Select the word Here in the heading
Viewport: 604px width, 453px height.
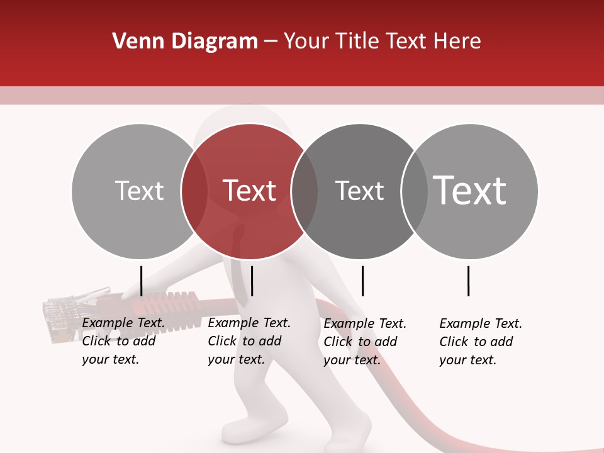(458, 42)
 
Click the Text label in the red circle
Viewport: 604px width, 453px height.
(249, 191)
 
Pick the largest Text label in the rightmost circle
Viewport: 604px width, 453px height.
(470, 190)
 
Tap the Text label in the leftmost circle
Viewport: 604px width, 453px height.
(139, 191)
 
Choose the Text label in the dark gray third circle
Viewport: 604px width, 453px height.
(359, 191)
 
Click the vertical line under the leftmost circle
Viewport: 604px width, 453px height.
(141, 281)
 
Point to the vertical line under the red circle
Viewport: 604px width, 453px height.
(252, 281)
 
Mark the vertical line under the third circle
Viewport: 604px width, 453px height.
(362, 281)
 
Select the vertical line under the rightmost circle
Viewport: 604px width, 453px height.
(468, 281)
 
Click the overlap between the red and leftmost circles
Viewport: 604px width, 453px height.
(194, 191)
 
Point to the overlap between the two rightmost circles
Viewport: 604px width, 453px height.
(413, 191)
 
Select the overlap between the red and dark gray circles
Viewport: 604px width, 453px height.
(305, 191)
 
